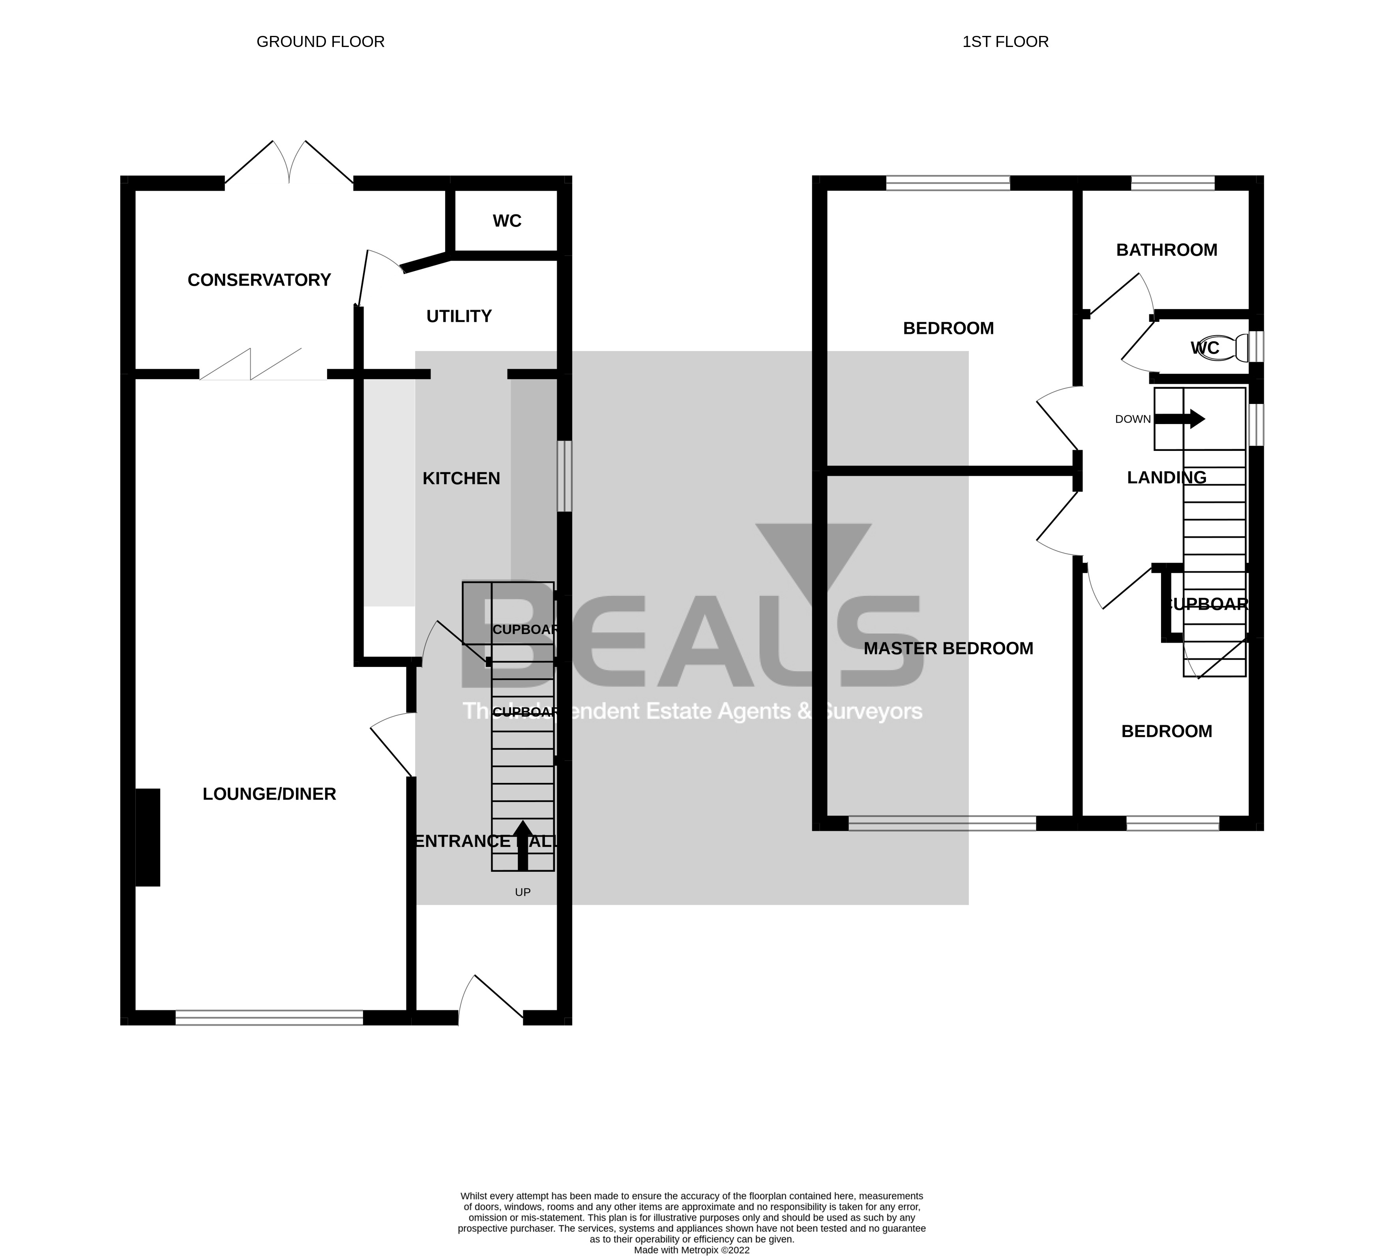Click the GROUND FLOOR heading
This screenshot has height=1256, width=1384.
(320, 42)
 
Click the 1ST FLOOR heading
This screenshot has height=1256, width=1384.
(1005, 42)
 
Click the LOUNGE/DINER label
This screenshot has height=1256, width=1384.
(269, 794)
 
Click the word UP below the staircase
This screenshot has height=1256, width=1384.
(523, 893)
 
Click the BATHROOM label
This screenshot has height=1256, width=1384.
(1167, 250)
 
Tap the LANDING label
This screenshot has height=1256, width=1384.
(1167, 477)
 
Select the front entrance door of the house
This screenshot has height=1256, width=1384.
(491, 1000)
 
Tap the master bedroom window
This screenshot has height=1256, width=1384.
(942, 823)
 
